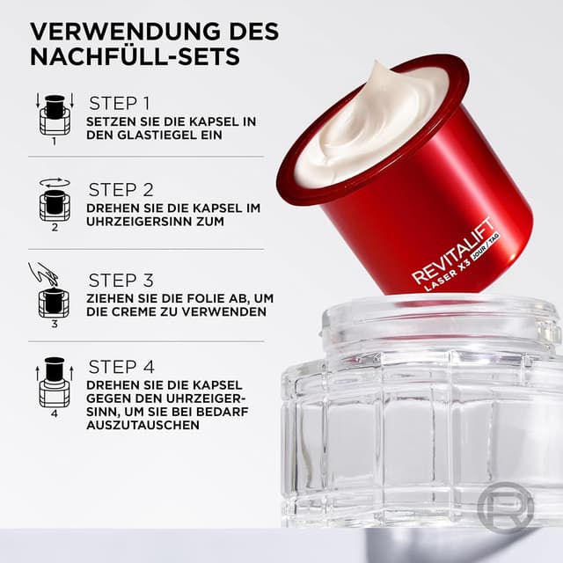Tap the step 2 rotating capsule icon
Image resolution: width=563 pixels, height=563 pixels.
pyautogui.click(x=54, y=201)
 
